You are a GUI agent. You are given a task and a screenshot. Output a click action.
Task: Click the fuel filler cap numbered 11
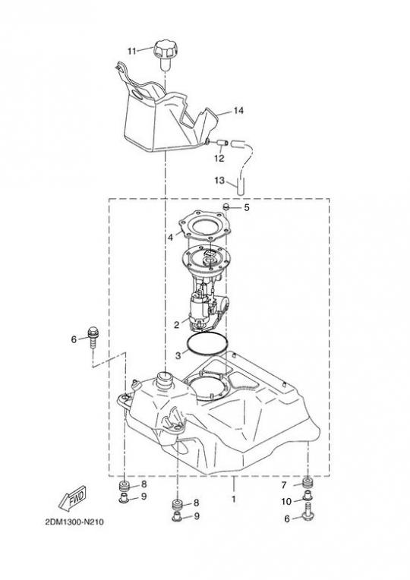(x=166, y=54)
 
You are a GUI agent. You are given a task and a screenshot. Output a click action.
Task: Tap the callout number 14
(x=238, y=110)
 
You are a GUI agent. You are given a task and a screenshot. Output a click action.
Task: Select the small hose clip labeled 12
(x=221, y=143)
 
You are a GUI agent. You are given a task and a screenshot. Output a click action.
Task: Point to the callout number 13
(x=219, y=181)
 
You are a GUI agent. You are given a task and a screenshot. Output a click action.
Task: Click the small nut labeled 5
(x=227, y=206)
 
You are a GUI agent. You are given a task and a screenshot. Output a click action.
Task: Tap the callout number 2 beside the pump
(x=176, y=325)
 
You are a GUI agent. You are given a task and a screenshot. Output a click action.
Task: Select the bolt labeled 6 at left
(x=93, y=336)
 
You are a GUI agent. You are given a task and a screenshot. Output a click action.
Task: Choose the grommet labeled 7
(x=307, y=483)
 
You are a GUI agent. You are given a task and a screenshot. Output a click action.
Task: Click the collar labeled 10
(x=307, y=496)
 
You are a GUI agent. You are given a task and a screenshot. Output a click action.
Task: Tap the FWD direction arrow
(x=73, y=497)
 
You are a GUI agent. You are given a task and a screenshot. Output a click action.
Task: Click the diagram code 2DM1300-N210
(x=74, y=522)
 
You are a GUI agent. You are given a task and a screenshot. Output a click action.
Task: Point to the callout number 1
(x=234, y=499)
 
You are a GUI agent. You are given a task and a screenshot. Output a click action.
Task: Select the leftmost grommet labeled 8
(x=124, y=485)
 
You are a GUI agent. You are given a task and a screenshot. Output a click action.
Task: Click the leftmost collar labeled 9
(x=124, y=498)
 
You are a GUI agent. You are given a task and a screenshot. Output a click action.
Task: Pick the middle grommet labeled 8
(x=178, y=504)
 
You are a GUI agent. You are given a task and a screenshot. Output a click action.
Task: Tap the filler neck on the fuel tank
(x=164, y=380)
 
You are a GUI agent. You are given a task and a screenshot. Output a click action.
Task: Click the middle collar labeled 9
(x=178, y=517)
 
